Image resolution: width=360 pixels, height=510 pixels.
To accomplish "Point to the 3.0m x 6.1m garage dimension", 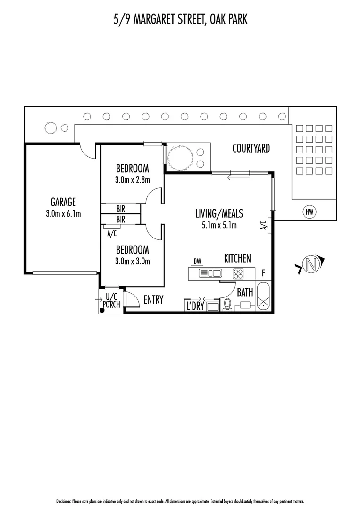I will pos(63,213).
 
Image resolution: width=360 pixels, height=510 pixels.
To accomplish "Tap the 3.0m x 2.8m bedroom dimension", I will pos(133,179).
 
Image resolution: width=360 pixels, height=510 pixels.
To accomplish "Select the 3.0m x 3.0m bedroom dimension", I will pos(133,261).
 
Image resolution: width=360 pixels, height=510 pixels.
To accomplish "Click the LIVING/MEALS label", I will pos(219,213).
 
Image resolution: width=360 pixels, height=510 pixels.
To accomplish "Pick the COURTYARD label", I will pos(251,148).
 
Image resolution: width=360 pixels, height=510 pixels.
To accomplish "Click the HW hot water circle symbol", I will pos(309,212).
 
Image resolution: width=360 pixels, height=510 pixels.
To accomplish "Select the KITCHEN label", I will pos(237,258).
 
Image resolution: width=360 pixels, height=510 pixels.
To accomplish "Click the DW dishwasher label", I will pos(198,261).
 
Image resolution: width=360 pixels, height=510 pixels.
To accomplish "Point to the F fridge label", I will pos(263,272).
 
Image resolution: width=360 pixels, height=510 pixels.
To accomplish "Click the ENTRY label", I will pos(153,299).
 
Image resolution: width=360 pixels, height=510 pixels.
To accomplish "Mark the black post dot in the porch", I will pos(102,310).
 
